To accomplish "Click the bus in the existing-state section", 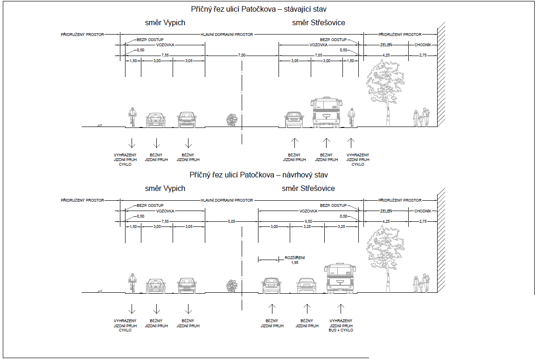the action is click(327, 113).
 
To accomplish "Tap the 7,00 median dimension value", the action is click(242, 55).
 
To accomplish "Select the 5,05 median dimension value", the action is click(231, 221).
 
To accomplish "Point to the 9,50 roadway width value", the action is click(308, 221).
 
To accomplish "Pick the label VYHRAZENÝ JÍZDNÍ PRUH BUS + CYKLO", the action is click(341, 325).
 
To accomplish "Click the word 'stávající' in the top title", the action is click(297, 9).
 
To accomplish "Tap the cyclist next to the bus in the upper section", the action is click(351, 118).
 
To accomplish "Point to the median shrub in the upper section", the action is click(232, 120).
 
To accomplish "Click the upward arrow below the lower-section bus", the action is click(341, 309).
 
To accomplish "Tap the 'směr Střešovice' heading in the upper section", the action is click(319, 22).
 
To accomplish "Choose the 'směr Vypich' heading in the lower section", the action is click(165, 188).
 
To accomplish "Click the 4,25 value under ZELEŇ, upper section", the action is click(386, 55).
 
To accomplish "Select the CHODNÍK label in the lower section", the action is click(423, 211).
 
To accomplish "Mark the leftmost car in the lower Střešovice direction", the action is click(272, 285).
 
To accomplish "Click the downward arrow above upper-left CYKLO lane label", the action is click(132, 143).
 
